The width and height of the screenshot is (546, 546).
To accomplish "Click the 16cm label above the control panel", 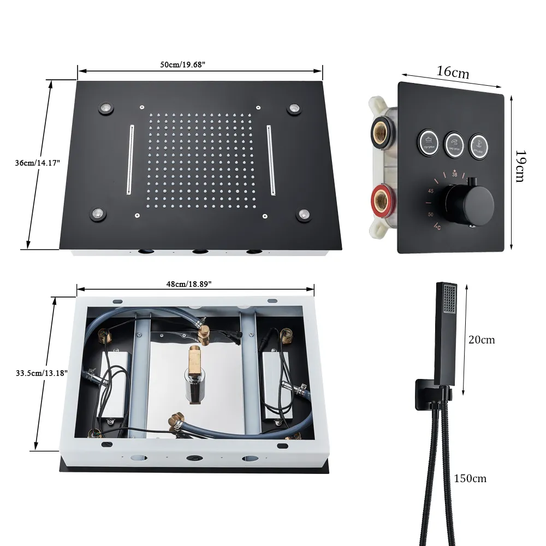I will pyautogui.click(x=453, y=72).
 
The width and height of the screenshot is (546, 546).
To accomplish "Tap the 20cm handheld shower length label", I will pyautogui.click(x=482, y=340).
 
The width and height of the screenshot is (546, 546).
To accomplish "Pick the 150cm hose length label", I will pyautogui.click(x=470, y=479).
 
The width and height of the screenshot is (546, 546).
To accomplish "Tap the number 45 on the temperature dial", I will pyautogui.click(x=431, y=191).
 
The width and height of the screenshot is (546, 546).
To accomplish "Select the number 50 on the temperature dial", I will pyautogui.click(x=431, y=214).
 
